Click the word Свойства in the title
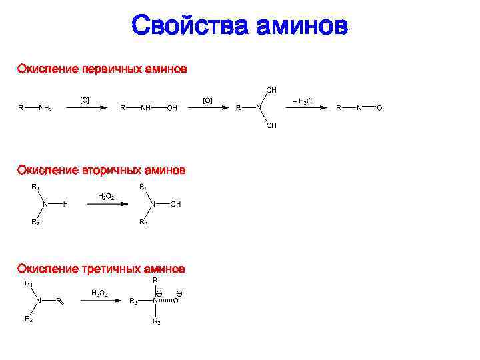pyautogui.click(x=189, y=26)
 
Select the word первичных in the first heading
pyautogui.click(x=116, y=69)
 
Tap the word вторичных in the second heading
pyautogui.click(x=115, y=170)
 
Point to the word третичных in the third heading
pyautogui.click(x=115, y=269)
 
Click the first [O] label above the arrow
pyautogui.click(x=85, y=100)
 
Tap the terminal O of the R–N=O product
pyautogui.click(x=379, y=108)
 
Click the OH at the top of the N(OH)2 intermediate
pyautogui.click(x=271, y=89)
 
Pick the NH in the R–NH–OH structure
pyautogui.click(x=145, y=108)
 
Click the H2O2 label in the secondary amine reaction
pyautogui.click(x=106, y=196)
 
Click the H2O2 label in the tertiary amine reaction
pyautogui.click(x=99, y=293)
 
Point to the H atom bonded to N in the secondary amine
pyautogui.click(x=65, y=204)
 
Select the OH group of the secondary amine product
pyautogui.click(x=175, y=204)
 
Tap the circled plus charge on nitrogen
pyautogui.click(x=159, y=293)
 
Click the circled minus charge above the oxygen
pyautogui.click(x=179, y=293)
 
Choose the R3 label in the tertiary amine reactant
pyautogui.click(x=61, y=301)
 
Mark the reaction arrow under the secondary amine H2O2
pyautogui.click(x=106, y=204)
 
